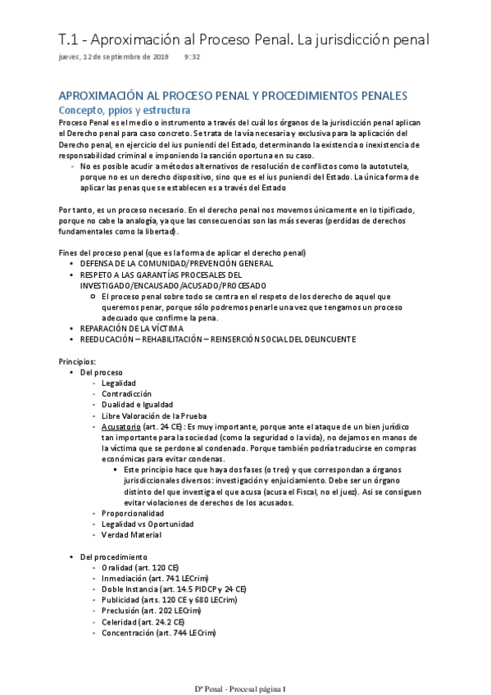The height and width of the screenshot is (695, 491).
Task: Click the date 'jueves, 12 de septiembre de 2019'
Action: coord(114,57)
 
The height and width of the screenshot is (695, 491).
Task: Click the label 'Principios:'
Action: coord(77,361)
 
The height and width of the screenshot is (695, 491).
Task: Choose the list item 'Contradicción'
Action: coord(126,394)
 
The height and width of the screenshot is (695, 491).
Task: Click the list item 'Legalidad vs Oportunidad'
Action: coord(148,524)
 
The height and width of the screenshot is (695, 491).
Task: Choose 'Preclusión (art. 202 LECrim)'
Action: coord(154,611)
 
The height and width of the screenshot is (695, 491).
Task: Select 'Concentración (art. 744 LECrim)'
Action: coord(159,634)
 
